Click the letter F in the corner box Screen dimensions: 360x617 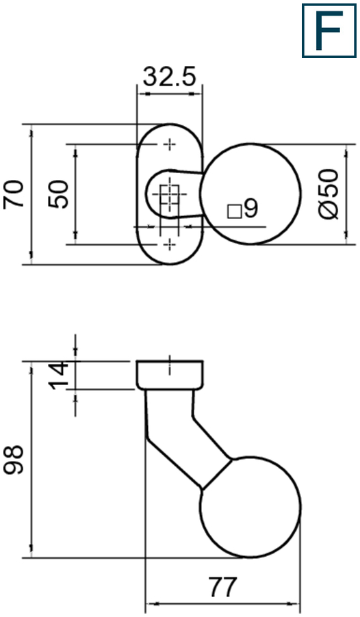[x=329, y=30]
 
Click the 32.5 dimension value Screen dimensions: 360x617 [x=169, y=77]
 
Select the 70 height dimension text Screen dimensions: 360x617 [x=14, y=194]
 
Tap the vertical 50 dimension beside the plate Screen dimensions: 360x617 [x=58, y=194]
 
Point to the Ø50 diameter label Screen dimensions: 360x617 [x=329, y=194]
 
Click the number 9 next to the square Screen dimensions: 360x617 [x=251, y=208]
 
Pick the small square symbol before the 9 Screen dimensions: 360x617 [x=234, y=211]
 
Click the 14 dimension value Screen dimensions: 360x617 [x=58, y=375]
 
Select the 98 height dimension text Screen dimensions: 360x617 [x=14, y=459]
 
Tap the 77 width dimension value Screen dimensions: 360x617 [x=223, y=587]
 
